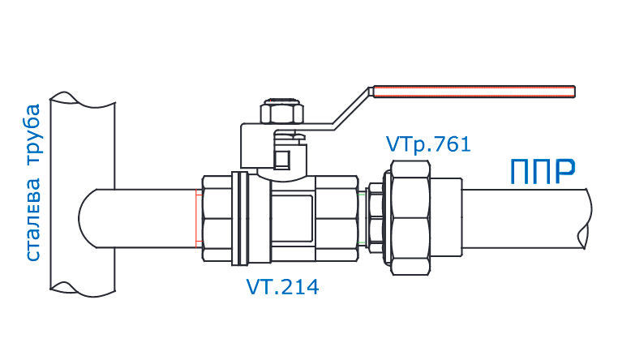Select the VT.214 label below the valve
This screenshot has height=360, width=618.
pyautogui.click(x=282, y=287)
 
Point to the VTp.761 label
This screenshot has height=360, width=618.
pyautogui.click(x=427, y=145)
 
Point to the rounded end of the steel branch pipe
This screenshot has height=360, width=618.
pyautogui.click(x=88, y=219)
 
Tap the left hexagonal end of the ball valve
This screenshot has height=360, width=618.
pyautogui.click(x=214, y=218)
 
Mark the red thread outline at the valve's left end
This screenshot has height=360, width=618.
pyautogui.click(x=197, y=219)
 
